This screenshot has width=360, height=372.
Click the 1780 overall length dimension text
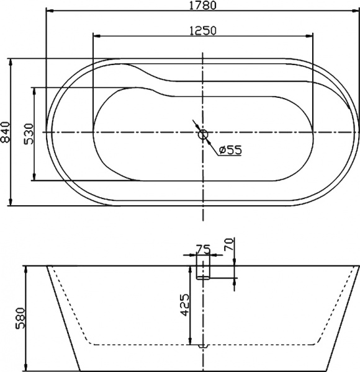tap(203, 6)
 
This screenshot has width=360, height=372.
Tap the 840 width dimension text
tap(6, 133)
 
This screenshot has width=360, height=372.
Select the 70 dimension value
tap(229, 244)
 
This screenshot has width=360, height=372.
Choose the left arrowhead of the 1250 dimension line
tap(95, 36)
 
